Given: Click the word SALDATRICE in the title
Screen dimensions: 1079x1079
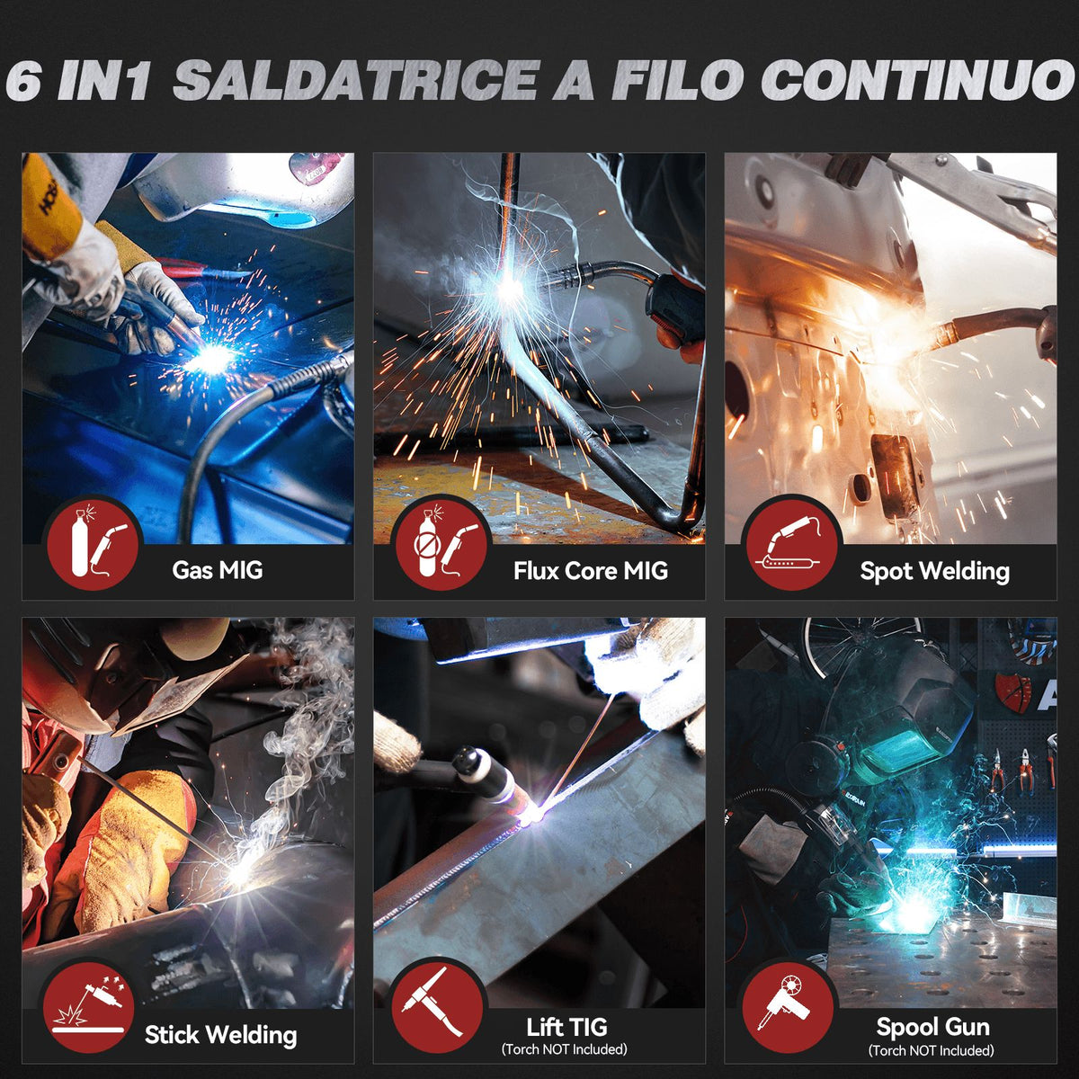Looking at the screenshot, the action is pos(356,79).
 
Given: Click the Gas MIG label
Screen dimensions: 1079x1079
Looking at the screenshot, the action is pos(218,570).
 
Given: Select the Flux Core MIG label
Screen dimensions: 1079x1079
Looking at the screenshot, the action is pos(591,571).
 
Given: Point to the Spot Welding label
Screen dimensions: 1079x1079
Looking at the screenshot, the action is pos(934,572).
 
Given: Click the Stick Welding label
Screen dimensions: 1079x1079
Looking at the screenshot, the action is pos(220,1035).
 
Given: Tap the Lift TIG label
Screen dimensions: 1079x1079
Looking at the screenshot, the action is pos(566,1027).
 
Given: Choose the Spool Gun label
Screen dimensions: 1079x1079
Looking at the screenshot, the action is pos(932,1027).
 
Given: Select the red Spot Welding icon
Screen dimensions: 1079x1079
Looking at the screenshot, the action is pos(792,542).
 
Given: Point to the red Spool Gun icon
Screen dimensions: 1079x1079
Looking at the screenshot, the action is pos(788,1008).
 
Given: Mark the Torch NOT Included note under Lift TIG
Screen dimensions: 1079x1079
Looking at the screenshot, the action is pos(565,1048).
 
